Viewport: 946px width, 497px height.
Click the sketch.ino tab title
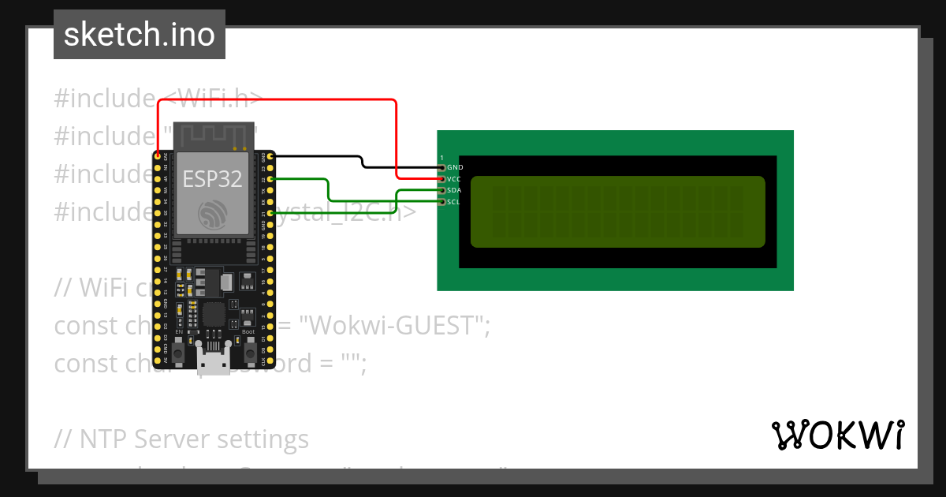(x=140, y=35)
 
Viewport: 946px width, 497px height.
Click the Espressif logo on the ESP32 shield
(x=213, y=215)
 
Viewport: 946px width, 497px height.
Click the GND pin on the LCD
(x=442, y=167)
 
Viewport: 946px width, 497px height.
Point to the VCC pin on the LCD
(x=442, y=179)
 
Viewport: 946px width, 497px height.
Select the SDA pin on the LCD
(x=442, y=190)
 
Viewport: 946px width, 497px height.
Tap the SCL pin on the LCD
(x=442, y=202)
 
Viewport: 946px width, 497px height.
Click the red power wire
(x=276, y=99)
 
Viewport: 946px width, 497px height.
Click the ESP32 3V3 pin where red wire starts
(x=158, y=156)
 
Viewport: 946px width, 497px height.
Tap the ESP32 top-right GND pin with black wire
(x=271, y=156)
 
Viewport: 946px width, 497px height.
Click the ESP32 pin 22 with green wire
(x=271, y=179)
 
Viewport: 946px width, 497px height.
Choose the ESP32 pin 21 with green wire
(x=271, y=213)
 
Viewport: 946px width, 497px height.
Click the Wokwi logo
(x=837, y=435)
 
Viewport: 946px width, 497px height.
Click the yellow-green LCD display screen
(x=617, y=211)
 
